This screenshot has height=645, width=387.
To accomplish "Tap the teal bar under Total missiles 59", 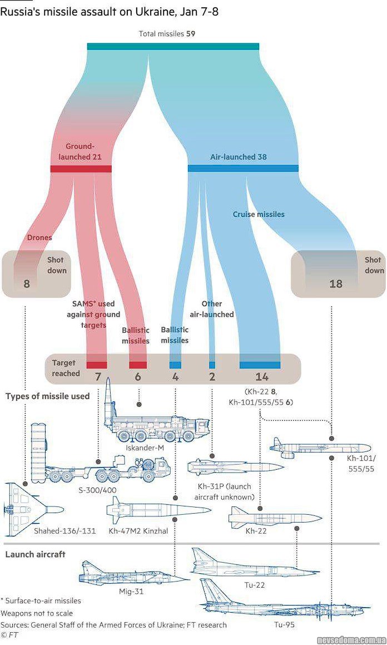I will coord(173,46).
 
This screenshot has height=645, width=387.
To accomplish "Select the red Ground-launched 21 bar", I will coord(81,169).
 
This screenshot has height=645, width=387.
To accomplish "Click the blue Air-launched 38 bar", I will coord(243,168).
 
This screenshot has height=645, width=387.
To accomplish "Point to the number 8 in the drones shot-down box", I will coord(26,284).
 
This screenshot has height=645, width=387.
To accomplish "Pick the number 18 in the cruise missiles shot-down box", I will coord(336,284).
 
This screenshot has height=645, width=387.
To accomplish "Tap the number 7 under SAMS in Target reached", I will coord(98,377).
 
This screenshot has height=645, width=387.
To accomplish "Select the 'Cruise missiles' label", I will coord(259,214).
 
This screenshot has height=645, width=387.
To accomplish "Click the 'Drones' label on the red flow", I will coord(39,238).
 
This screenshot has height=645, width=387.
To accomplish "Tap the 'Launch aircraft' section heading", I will coord(35,554).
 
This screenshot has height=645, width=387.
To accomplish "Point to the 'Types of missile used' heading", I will coord(47,396).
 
